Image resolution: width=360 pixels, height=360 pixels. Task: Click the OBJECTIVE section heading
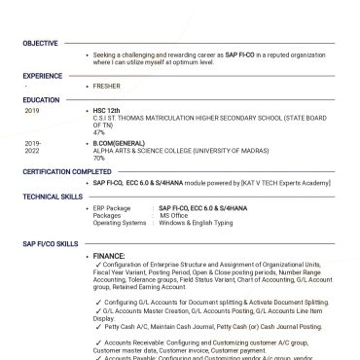click(41, 44)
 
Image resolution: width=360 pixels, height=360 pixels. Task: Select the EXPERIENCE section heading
click(43, 75)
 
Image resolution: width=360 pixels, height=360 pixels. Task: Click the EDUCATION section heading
click(42, 99)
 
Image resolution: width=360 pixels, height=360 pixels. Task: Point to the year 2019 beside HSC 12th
click(32, 111)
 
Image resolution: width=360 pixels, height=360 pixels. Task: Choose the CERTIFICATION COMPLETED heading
click(66, 171)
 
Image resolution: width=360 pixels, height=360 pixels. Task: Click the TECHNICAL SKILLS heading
click(54, 196)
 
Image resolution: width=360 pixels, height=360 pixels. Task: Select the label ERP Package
click(111, 208)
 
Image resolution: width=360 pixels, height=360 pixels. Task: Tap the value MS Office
click(176, 215)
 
